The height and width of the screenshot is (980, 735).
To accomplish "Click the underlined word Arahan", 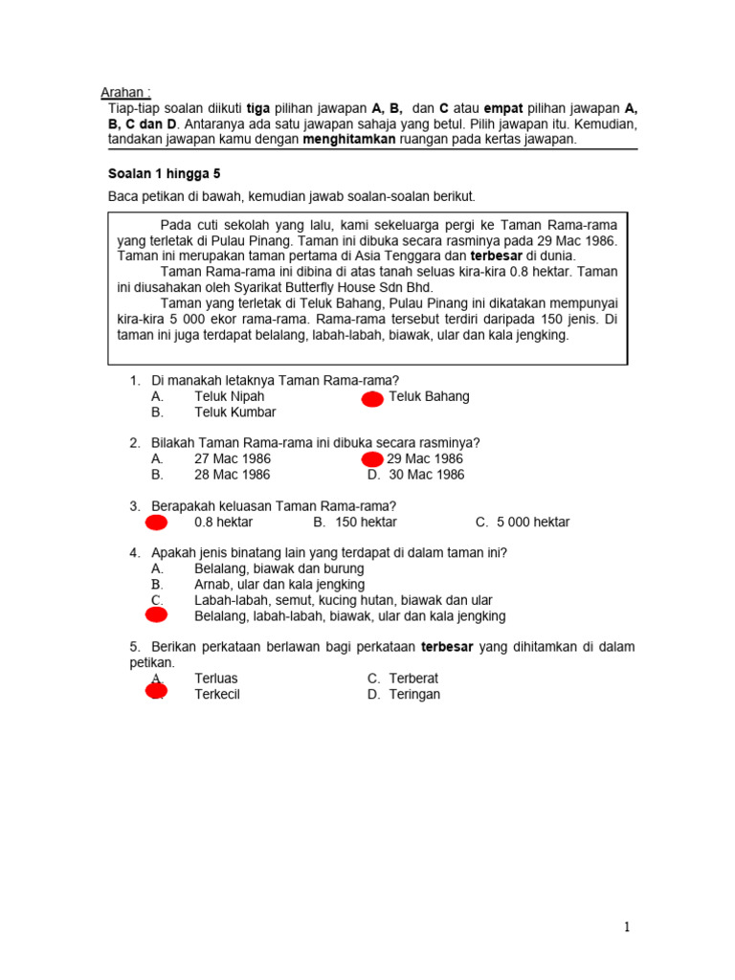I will (125, 93).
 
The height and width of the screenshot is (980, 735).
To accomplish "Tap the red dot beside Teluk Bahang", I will (372, 399).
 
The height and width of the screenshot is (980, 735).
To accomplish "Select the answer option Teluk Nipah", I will (229, 396).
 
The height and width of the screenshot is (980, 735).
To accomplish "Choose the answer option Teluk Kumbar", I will (234, 412).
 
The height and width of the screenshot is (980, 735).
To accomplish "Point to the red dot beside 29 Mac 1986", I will (372, 460).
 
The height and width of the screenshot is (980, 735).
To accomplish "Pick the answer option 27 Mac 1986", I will (233, 458).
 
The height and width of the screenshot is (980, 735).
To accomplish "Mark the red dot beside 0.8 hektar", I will (156, 523).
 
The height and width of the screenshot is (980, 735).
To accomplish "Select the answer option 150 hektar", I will (366, 523).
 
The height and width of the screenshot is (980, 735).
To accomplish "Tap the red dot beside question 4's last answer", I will (156, 615).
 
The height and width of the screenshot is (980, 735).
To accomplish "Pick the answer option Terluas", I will (217, 679).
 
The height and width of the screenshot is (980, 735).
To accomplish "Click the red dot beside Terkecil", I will (156, 692).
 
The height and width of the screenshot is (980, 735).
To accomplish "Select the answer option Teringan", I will (414, 695).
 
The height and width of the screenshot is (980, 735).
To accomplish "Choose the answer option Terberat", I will (413, 679).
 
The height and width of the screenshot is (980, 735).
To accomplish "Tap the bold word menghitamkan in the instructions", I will (349, 139).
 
